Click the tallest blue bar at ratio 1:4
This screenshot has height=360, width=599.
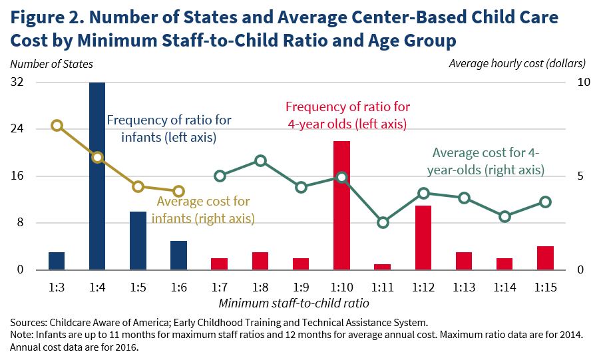tap(97, 176)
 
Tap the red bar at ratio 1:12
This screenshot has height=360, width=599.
tap(423, 238)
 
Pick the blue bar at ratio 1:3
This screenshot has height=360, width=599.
tap(57, 261)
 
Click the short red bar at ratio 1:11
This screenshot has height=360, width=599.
tap(382, 267)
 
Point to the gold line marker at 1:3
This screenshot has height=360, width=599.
tap(57, 126)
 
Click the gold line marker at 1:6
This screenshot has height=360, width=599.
tap(178, 192)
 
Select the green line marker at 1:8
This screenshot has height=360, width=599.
tap(260, 161)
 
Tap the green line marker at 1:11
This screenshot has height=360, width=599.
tap(382, 222)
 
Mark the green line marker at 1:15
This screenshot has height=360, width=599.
tap(545, 202)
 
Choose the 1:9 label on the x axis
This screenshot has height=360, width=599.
tap(301, 288)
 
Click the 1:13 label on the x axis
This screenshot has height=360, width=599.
tap(464, 288)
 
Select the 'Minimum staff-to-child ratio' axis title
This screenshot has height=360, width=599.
tap(301, 303)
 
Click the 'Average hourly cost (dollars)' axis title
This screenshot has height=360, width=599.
tap(517, 64)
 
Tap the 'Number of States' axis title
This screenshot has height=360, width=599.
tap(51, 64)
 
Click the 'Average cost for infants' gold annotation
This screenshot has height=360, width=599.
tap(203, 209)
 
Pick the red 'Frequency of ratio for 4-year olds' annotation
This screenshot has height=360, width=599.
tap(347, 115)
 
